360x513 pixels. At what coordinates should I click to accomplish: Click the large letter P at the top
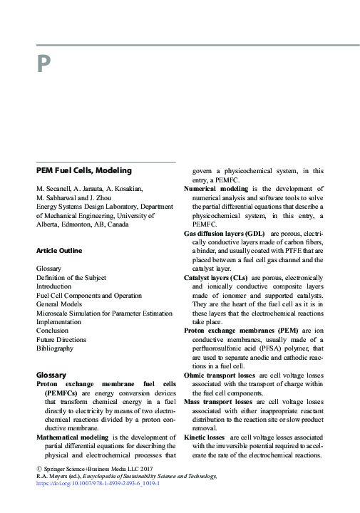pyautogui.click(x=43, y=65)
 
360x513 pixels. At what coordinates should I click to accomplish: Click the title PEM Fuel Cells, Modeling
pyautogui.click(x=83, y=171)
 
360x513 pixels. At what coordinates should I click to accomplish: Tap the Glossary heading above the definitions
pyautogui.click(x=51, y=375)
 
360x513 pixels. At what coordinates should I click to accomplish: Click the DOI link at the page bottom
pyautogui.click(x=98, y=482)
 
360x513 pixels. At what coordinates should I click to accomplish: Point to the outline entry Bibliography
pyautogui.click(x=54, y=348)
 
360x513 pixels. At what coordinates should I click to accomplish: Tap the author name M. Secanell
pyautogui.click(x=56, y=189)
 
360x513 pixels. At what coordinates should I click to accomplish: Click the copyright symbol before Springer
pyautogui.click(x=38, y=468)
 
